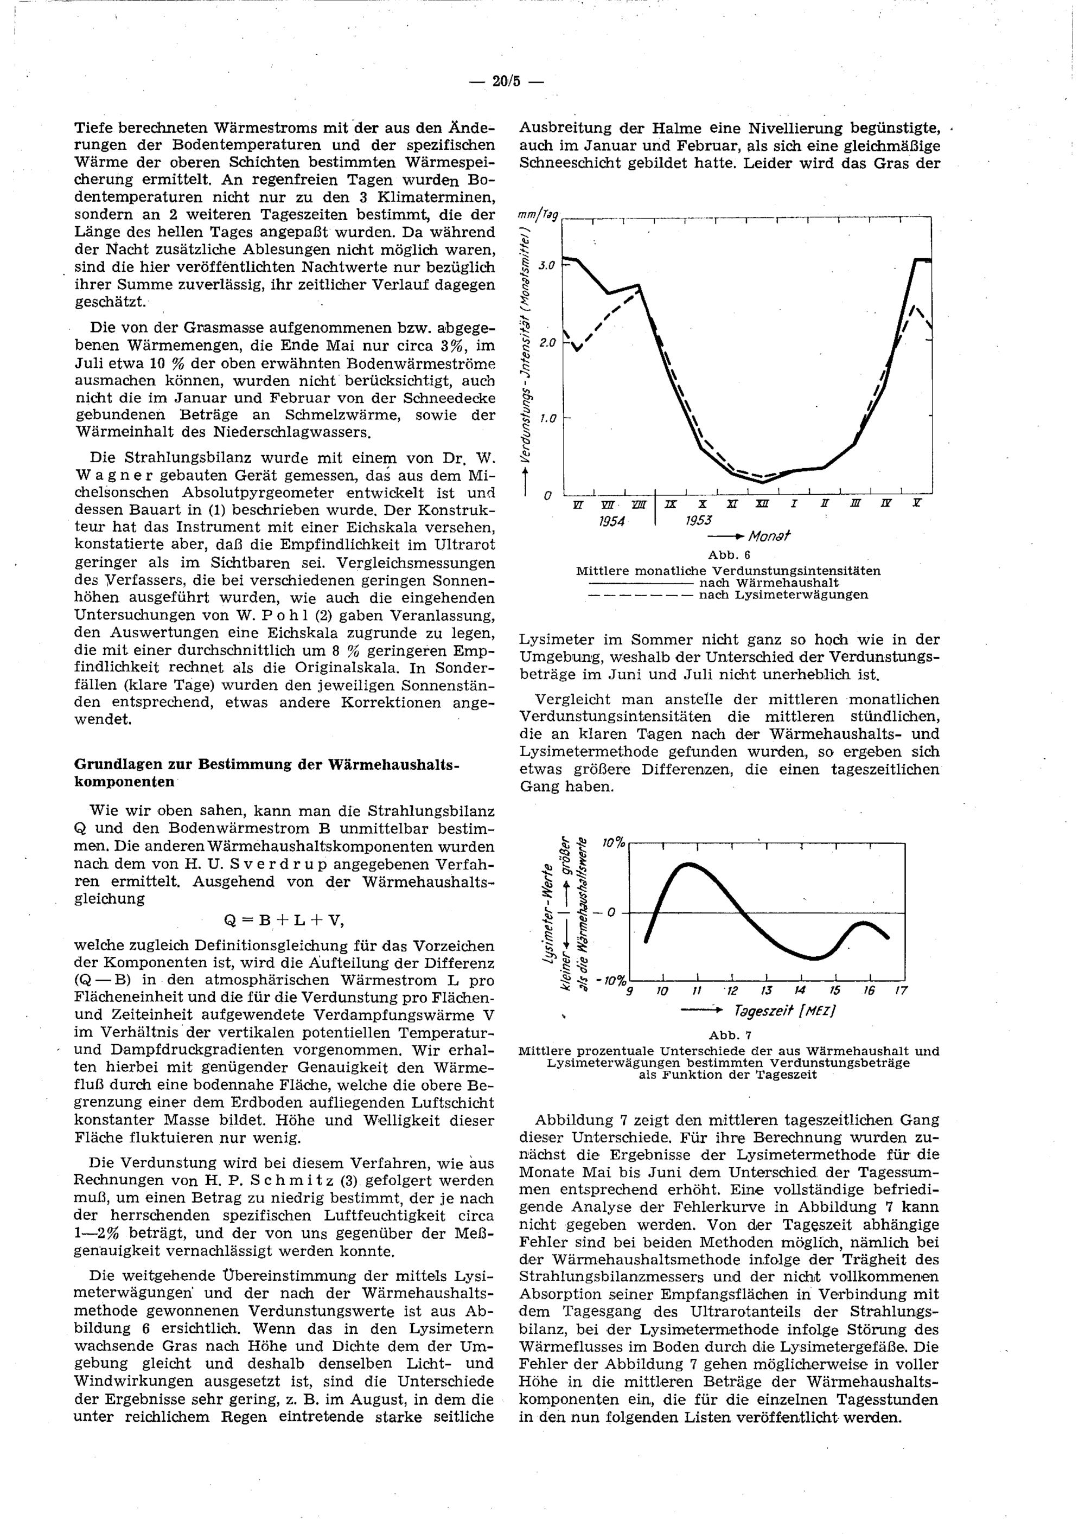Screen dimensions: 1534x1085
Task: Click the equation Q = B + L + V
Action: coord(284,921)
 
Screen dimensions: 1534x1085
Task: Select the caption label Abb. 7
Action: coord(730,1036)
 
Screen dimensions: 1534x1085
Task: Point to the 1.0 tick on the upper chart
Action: coord(547,419)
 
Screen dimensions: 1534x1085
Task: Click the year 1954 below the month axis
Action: coord(611,521)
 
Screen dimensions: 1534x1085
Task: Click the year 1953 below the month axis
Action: coord(699,521)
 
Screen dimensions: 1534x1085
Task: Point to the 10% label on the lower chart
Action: coord(612,843)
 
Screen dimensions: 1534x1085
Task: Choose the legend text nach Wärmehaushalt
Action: coord(768,583)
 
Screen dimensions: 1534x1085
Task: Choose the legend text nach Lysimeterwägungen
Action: coord(783,595)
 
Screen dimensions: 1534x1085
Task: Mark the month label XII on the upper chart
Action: coord(762,503)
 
